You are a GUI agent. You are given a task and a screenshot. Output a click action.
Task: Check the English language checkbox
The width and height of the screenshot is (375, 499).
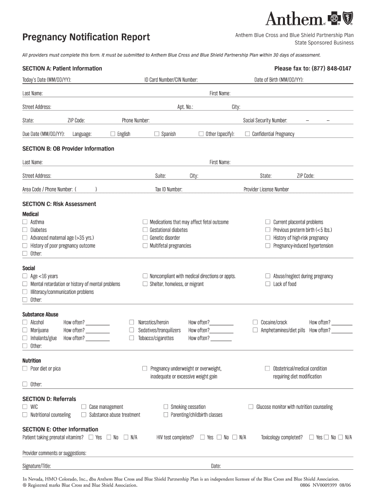[113, 134]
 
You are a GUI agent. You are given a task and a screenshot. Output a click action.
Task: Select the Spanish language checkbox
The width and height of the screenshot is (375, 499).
[157, 134]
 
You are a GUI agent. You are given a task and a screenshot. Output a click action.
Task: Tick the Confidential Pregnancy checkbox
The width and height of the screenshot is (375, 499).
[247, 134]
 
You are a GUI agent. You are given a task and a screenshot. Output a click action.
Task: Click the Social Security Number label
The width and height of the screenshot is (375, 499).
[265, 120]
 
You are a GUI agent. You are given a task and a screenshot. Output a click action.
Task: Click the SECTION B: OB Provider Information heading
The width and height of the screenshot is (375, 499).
[68, 149]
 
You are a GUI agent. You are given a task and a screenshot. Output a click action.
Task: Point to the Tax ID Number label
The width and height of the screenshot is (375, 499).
[169, 189]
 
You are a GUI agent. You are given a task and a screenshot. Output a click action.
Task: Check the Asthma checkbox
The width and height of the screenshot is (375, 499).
[25, 222]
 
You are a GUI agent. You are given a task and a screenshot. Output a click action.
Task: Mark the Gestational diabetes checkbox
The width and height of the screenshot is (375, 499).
[145, 230]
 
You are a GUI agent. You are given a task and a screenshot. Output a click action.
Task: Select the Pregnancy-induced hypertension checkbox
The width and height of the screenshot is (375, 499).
[267, 246]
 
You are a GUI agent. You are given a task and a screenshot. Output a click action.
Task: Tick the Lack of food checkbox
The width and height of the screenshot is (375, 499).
[267, 284]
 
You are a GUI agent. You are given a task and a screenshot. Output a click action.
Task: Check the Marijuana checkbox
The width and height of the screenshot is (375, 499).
[25, 330]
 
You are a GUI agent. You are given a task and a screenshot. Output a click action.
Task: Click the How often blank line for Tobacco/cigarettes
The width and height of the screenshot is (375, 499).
[222, 340]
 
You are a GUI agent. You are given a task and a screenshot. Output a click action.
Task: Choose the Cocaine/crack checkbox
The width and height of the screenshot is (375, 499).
[255, 323]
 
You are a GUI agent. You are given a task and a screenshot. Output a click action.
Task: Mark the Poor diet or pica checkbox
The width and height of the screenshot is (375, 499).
[25, 369]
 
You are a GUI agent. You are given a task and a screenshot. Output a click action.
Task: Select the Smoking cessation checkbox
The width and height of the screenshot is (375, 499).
[166, 407]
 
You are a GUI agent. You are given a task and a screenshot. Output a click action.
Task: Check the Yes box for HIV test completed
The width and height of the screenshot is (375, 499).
[202, 438]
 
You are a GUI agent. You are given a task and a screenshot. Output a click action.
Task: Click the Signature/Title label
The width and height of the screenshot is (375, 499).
[37, 466]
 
